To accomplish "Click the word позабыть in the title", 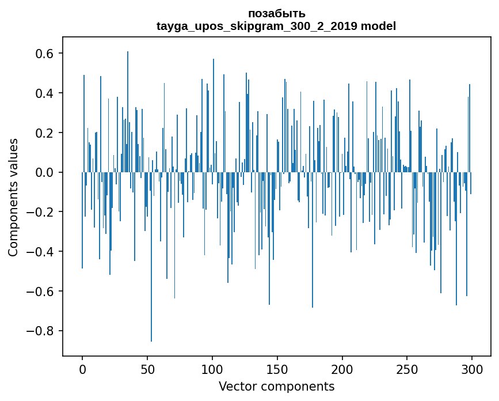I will (x=276, y=13).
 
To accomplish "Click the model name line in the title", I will (x=276, y=26).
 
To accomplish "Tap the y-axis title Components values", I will (x=13, y=197).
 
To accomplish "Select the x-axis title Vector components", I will (x=276, y=386).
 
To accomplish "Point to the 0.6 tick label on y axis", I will (x=45, y=54).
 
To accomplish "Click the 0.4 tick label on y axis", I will (x=45, y=93).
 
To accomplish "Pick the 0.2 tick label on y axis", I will (x=45, y=133).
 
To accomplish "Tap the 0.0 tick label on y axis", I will (x=45, y=172).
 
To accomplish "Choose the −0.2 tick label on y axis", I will (x=41, y=212).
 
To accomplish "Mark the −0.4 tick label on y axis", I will (x=41, y=252).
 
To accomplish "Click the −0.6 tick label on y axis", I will (x=41, y=292).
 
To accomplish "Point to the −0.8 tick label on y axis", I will (x=41, y=331).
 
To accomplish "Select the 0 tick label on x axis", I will (x=82, y=369).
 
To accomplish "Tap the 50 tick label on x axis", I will (x=147, y=369).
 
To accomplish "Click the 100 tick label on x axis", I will (x=212, y=369).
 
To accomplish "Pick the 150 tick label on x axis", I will (x=277, y=369).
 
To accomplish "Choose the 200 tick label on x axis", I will (x=342, y=369).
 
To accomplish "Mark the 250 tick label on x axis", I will (x=407, y=369).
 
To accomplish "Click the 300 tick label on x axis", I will (x=472, y=369).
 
